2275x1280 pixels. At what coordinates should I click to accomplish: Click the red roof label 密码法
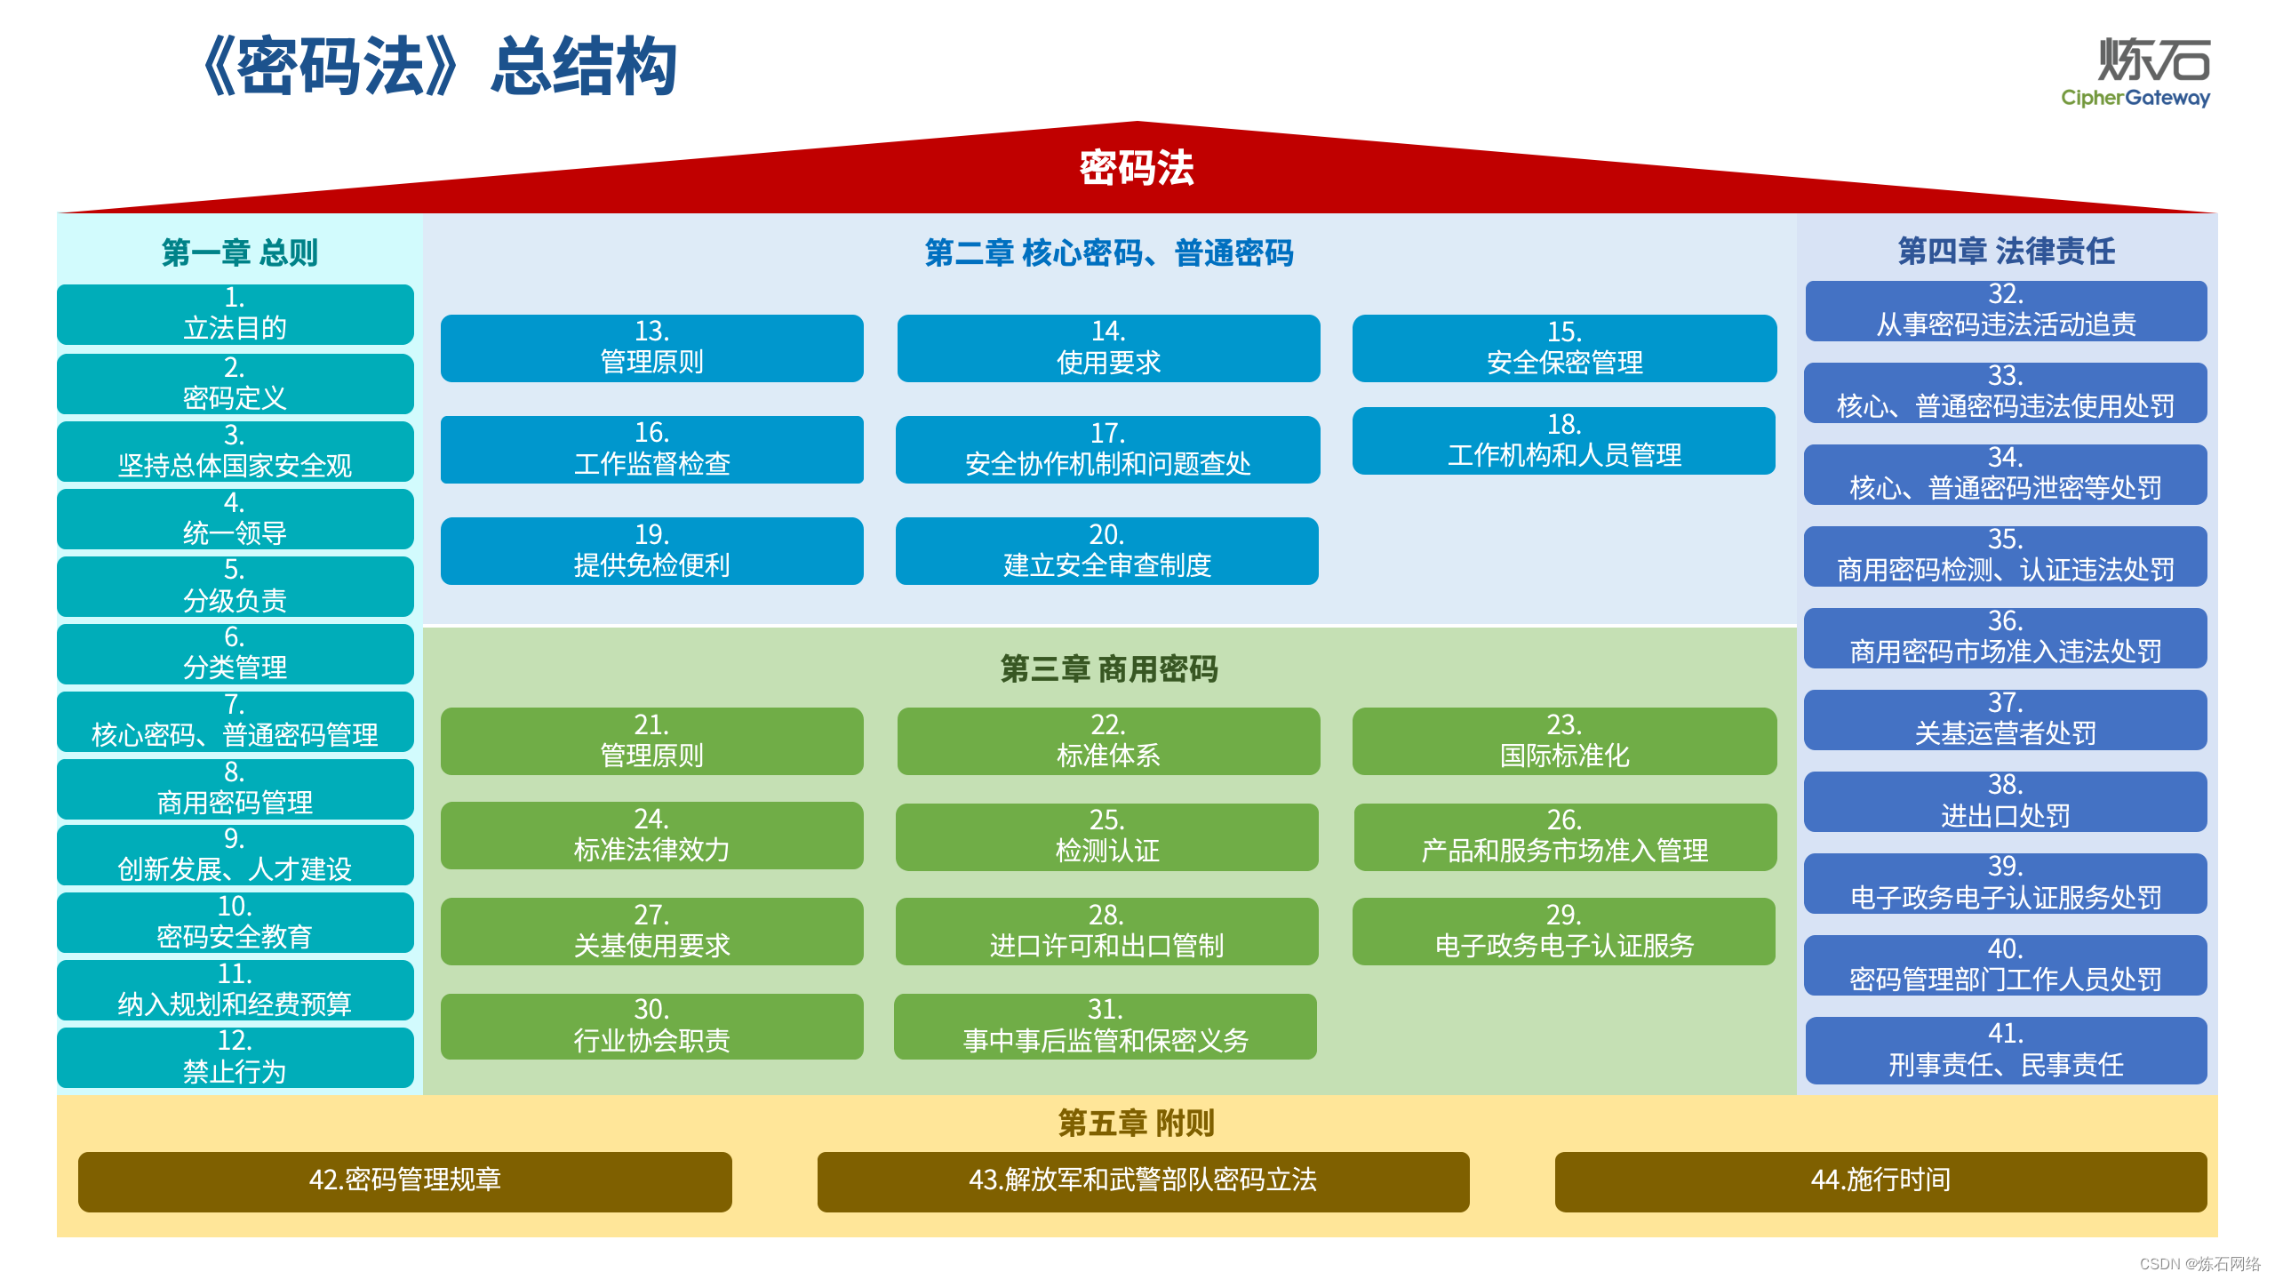[x=1137, y=168]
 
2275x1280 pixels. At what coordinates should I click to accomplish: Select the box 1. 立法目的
[x=235, y=314]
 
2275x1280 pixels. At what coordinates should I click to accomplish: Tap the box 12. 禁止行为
[x=235, y=1057]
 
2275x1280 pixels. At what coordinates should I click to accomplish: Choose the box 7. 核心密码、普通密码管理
[x=235, y=721]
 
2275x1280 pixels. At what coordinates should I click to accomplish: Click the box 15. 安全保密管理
[x=1564, y=348]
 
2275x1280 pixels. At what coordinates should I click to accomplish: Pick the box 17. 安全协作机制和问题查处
[x=1107, y=449]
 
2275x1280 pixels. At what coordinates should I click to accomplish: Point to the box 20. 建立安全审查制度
[x=1106, y=550]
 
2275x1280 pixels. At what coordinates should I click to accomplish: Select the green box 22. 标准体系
[x=1107, y=740]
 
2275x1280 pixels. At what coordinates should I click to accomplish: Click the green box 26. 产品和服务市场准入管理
[x=1564, y=836]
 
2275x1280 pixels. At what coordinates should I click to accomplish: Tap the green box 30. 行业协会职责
[x=651, y=1026]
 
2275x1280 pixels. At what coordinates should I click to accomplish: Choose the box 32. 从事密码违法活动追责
[x=2006, y=310]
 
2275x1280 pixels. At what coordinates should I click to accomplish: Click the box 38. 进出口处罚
[x=2006, y=801]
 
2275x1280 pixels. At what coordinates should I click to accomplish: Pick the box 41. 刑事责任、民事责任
[x=2006, y=1050]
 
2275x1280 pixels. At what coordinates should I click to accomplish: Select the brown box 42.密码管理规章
[x=405, y=1180]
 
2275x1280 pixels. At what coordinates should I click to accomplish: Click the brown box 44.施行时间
[x=1880, y=1180]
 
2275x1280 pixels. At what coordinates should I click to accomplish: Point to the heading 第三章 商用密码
[x=1108, y=668]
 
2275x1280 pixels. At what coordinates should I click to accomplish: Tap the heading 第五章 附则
[x=1136, y=1123]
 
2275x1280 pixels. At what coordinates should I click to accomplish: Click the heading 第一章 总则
[x=239, y=252]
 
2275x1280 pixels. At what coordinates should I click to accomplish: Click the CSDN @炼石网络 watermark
[x=2199, y=1263]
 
